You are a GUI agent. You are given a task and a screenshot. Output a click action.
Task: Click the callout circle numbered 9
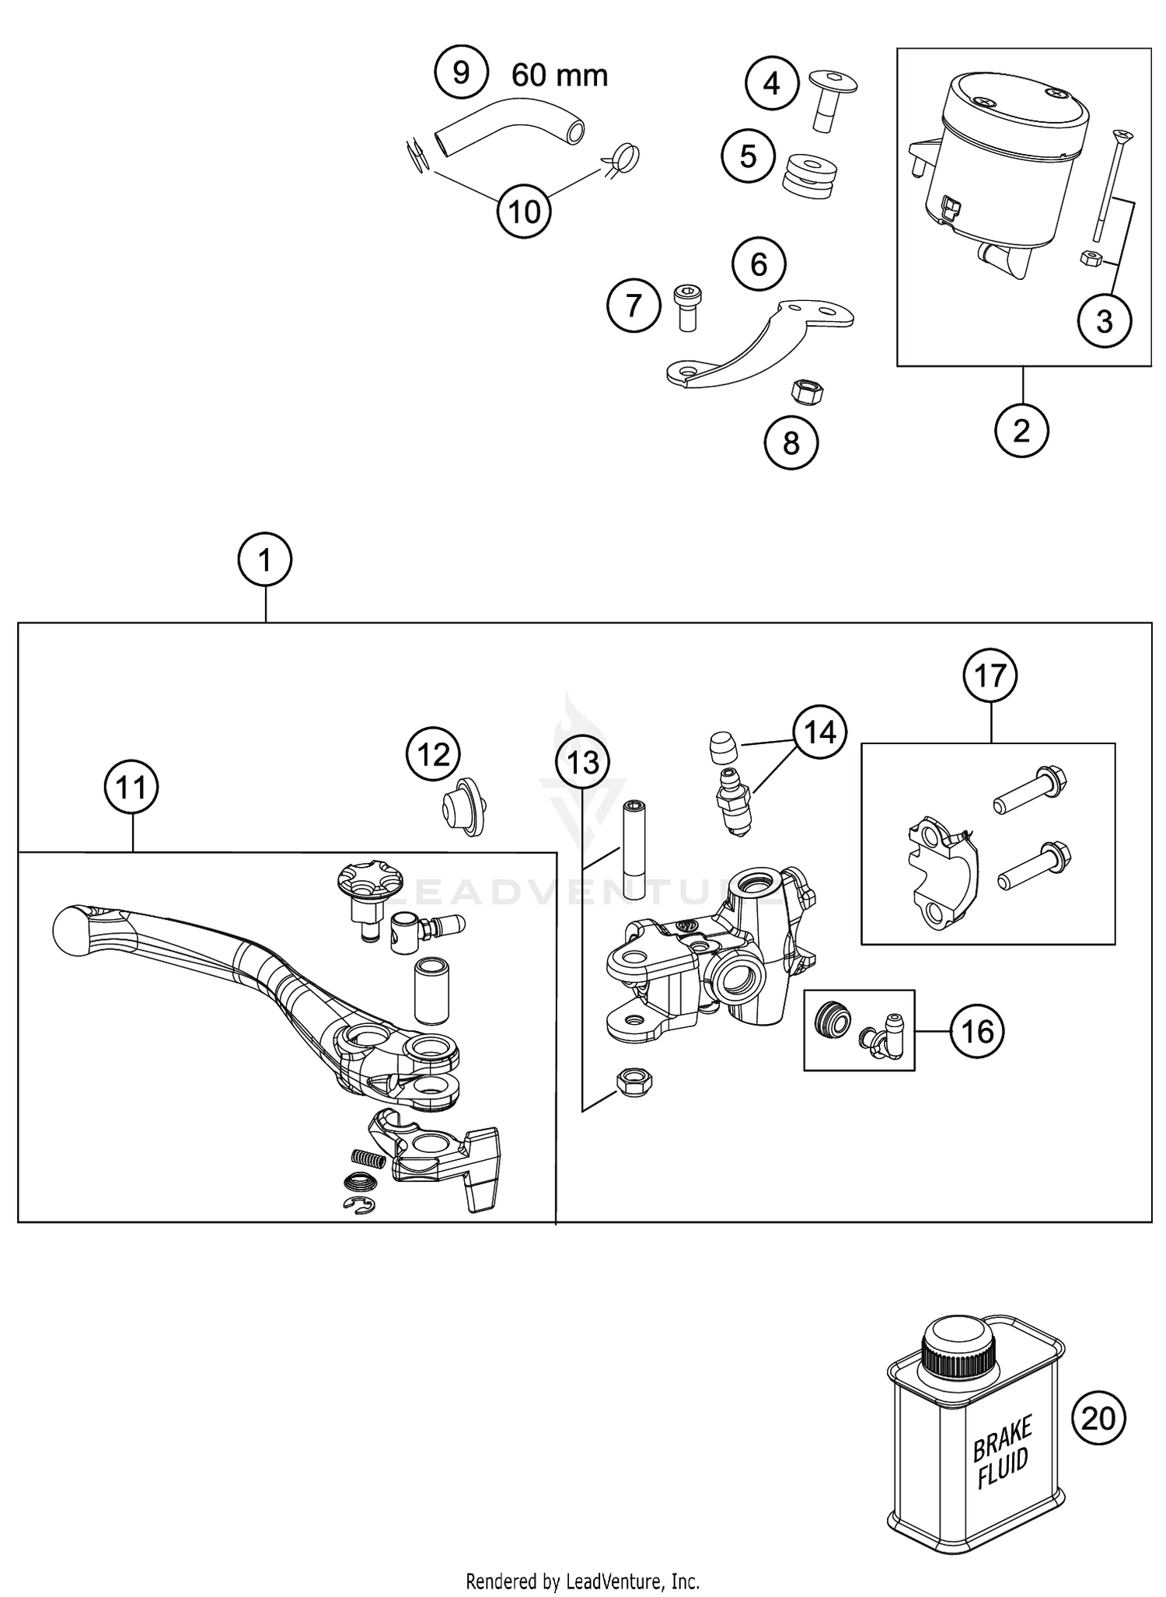(461, 72)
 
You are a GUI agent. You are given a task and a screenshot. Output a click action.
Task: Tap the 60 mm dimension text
(560, 75)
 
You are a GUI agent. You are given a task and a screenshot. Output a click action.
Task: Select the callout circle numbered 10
(524, 211)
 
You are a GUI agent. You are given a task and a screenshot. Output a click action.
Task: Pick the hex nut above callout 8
(806, 390)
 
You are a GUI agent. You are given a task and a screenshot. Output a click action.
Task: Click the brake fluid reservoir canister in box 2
(1007, 163)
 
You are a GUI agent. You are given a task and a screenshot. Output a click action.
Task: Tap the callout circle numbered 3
(1104, 321)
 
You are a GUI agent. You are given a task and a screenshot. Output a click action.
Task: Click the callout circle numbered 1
(265, 559)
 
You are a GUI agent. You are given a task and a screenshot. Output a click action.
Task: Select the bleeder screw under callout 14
(732, 800)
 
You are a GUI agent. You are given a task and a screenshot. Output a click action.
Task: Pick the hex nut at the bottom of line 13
(633, 1081)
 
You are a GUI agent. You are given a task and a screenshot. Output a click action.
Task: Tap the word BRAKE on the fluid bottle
(1002, 1438)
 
